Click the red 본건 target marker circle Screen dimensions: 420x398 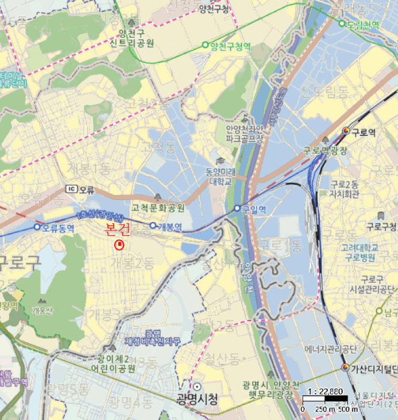tap(119, 244)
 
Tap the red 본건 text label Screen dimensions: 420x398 tap(117, 229)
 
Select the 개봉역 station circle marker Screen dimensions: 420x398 tap(153, 226)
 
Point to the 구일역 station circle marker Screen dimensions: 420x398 tap(238, 209)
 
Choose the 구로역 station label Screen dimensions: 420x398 tap(363, 132)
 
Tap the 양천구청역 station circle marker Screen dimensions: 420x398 tap(205, 44)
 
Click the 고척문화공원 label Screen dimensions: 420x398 tap(158, 208)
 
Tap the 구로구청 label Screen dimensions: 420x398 tap(382, 227)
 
